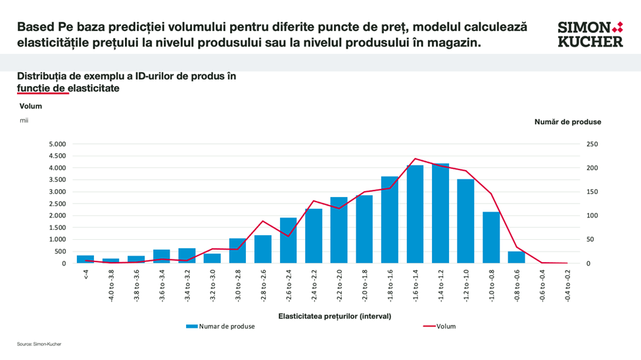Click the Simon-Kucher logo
(x=590, y=34)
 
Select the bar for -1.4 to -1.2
(x=440, y=214)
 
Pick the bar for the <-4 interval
(x=85, y=259)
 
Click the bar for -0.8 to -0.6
(x=517, y=257)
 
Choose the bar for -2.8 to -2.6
(x=263, y=249)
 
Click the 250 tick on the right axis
(x=592, y=144)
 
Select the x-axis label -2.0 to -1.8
(x=364, y=284)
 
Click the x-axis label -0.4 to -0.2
(x=567, y=284)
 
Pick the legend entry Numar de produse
(x=221, y=326)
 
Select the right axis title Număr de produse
(x=567, y=122)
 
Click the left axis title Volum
(x=30, y=106)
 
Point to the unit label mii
(x=24, y=120)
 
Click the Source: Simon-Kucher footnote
(x=39, y=344)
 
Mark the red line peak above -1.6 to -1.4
(x=415, y=158)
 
